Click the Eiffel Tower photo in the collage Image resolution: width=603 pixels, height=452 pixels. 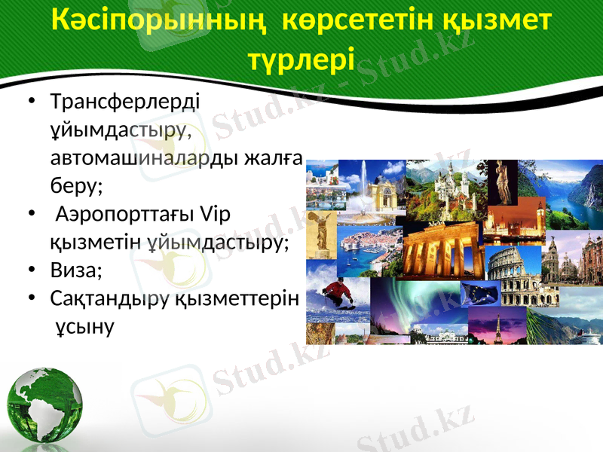click(497, 325)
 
